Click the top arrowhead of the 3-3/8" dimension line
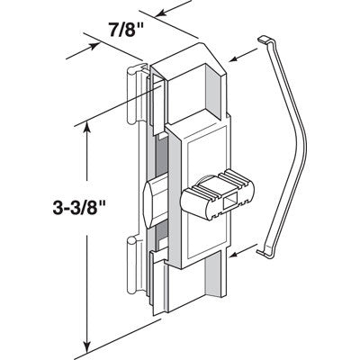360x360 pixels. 86,129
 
